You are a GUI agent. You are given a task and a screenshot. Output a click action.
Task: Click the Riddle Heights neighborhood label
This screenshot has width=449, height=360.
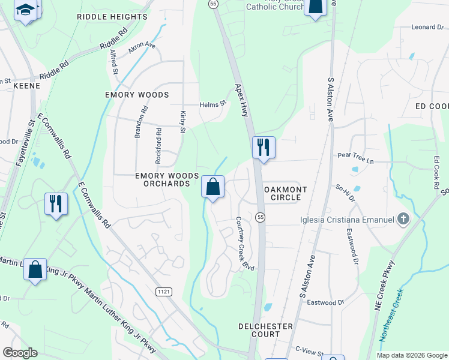(x=112, y=17)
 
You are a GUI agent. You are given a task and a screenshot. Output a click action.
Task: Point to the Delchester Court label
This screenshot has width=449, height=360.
(x=265, y=330)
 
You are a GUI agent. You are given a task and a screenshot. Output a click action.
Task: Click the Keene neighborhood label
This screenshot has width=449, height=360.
(x=27, y=86)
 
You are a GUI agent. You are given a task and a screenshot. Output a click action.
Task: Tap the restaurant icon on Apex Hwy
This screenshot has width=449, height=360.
(x=264, y=147)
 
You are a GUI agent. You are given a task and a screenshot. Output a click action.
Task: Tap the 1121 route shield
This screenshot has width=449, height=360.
(x=163, y=292)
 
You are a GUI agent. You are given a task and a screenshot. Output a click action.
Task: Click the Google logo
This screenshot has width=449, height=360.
(x=20, y=352)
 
